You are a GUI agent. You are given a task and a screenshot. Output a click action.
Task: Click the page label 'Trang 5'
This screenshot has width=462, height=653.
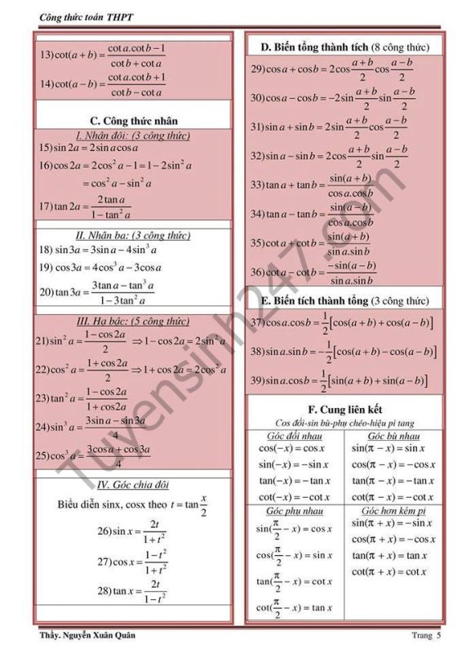(x=426, y=635)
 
